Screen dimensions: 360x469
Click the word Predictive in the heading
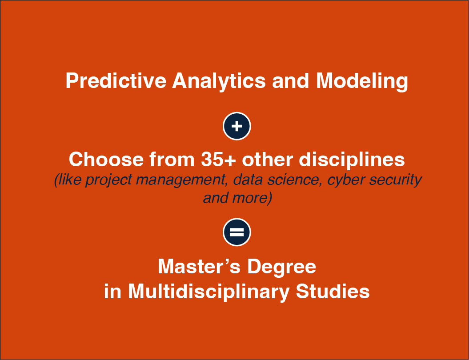tap(116, 81)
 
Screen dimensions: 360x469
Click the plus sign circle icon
tap(237, 126)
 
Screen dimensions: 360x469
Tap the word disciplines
tap(352, 160)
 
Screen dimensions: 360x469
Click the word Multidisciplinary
tap(208, 292)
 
